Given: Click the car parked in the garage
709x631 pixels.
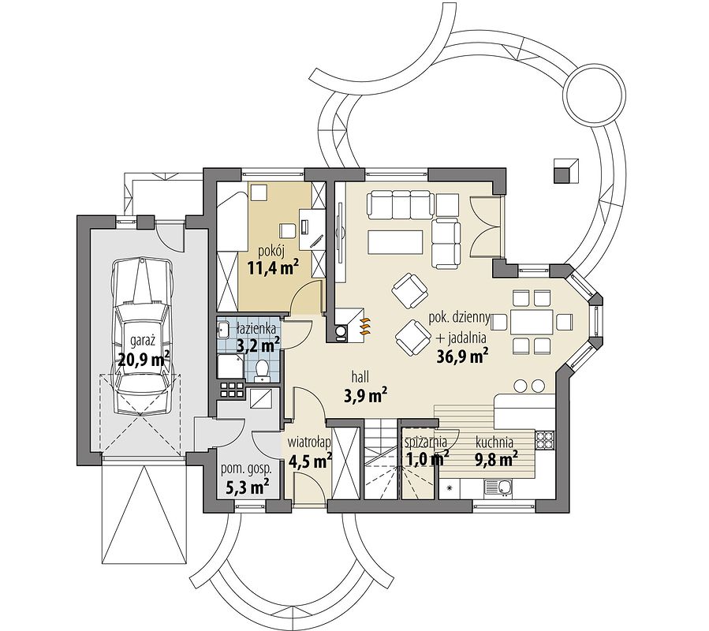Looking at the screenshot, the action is coord(144,336).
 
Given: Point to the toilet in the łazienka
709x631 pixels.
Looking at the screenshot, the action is coord(261,368).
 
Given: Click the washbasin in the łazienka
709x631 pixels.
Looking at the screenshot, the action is coord(223,329).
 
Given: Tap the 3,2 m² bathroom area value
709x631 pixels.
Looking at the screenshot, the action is coord(258,346).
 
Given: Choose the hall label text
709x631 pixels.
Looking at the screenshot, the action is coord(361,376).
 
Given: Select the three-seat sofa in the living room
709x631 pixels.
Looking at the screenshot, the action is coord(400,204).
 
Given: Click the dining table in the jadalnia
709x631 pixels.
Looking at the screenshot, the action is coord(532,323).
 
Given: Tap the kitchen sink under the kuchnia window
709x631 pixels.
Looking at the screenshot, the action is coord(498,487).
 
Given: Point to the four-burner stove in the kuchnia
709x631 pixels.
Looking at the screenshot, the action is coord(545,439).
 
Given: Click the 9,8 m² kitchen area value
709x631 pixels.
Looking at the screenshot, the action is coord(496,460).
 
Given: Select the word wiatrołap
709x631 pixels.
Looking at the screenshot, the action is coord(311,441).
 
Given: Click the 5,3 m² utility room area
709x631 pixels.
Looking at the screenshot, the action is coord(247,487).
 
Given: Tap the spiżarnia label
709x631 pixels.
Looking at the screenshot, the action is coord(426,442).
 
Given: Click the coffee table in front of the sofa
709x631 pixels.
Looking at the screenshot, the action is coord(396,242).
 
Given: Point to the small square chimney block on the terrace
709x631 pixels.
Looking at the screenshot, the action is coord(566,170).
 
